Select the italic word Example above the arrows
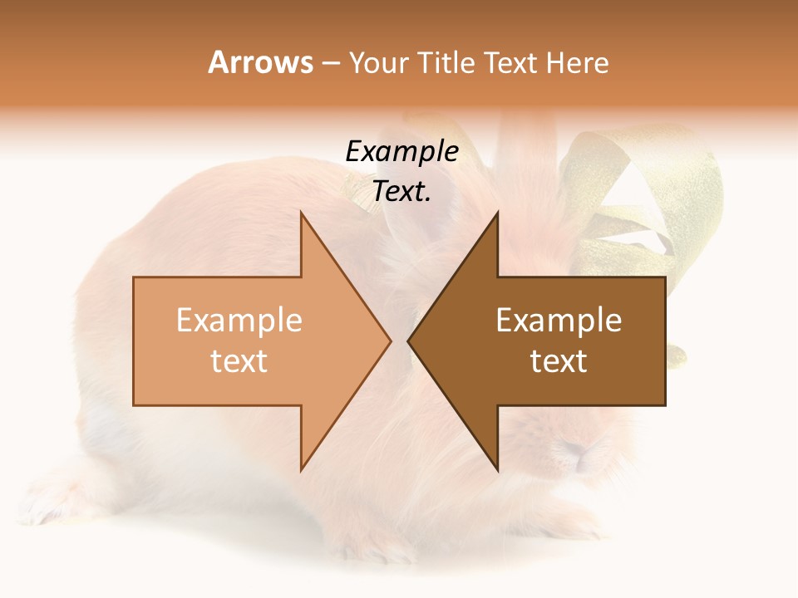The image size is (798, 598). [402, 152]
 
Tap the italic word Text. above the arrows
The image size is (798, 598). [402, 192]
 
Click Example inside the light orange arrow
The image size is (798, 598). [239, 321]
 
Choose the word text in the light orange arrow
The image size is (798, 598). [239, 361]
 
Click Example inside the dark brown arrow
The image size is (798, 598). [559, 321]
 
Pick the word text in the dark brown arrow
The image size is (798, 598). [559, 361]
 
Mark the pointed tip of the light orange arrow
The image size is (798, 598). [391, 341]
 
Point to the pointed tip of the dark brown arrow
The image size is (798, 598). [407, 341]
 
